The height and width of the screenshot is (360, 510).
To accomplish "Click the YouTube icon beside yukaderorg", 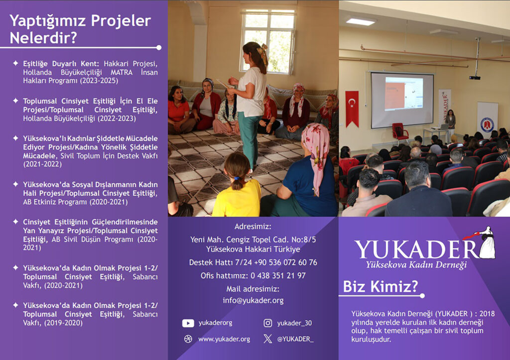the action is pos(188,323).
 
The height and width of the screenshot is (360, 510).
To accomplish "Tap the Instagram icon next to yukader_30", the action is pos(267,323).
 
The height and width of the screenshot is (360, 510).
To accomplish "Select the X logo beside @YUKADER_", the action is pos(267,339).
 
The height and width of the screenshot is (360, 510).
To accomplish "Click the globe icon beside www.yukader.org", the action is pos(188,339).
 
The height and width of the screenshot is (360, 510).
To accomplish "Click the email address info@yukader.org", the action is pos(253,300).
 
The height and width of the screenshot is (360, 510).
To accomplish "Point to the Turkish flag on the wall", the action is pos(352,108).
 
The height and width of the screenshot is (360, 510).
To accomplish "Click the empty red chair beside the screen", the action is pos(400,132).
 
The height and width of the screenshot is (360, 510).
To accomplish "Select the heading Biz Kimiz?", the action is pos(380,286).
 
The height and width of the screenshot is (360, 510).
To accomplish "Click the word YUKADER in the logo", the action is pos(416,249).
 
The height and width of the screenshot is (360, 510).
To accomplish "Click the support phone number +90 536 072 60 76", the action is pos(285,262).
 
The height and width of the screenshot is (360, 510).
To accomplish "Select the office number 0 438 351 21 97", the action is pos(278,276).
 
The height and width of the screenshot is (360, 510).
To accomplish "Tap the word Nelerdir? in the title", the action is pos(43,38).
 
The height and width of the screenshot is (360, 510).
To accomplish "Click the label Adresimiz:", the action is pos(253,227).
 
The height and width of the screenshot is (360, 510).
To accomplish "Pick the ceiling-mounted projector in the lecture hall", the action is pos(475,77).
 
